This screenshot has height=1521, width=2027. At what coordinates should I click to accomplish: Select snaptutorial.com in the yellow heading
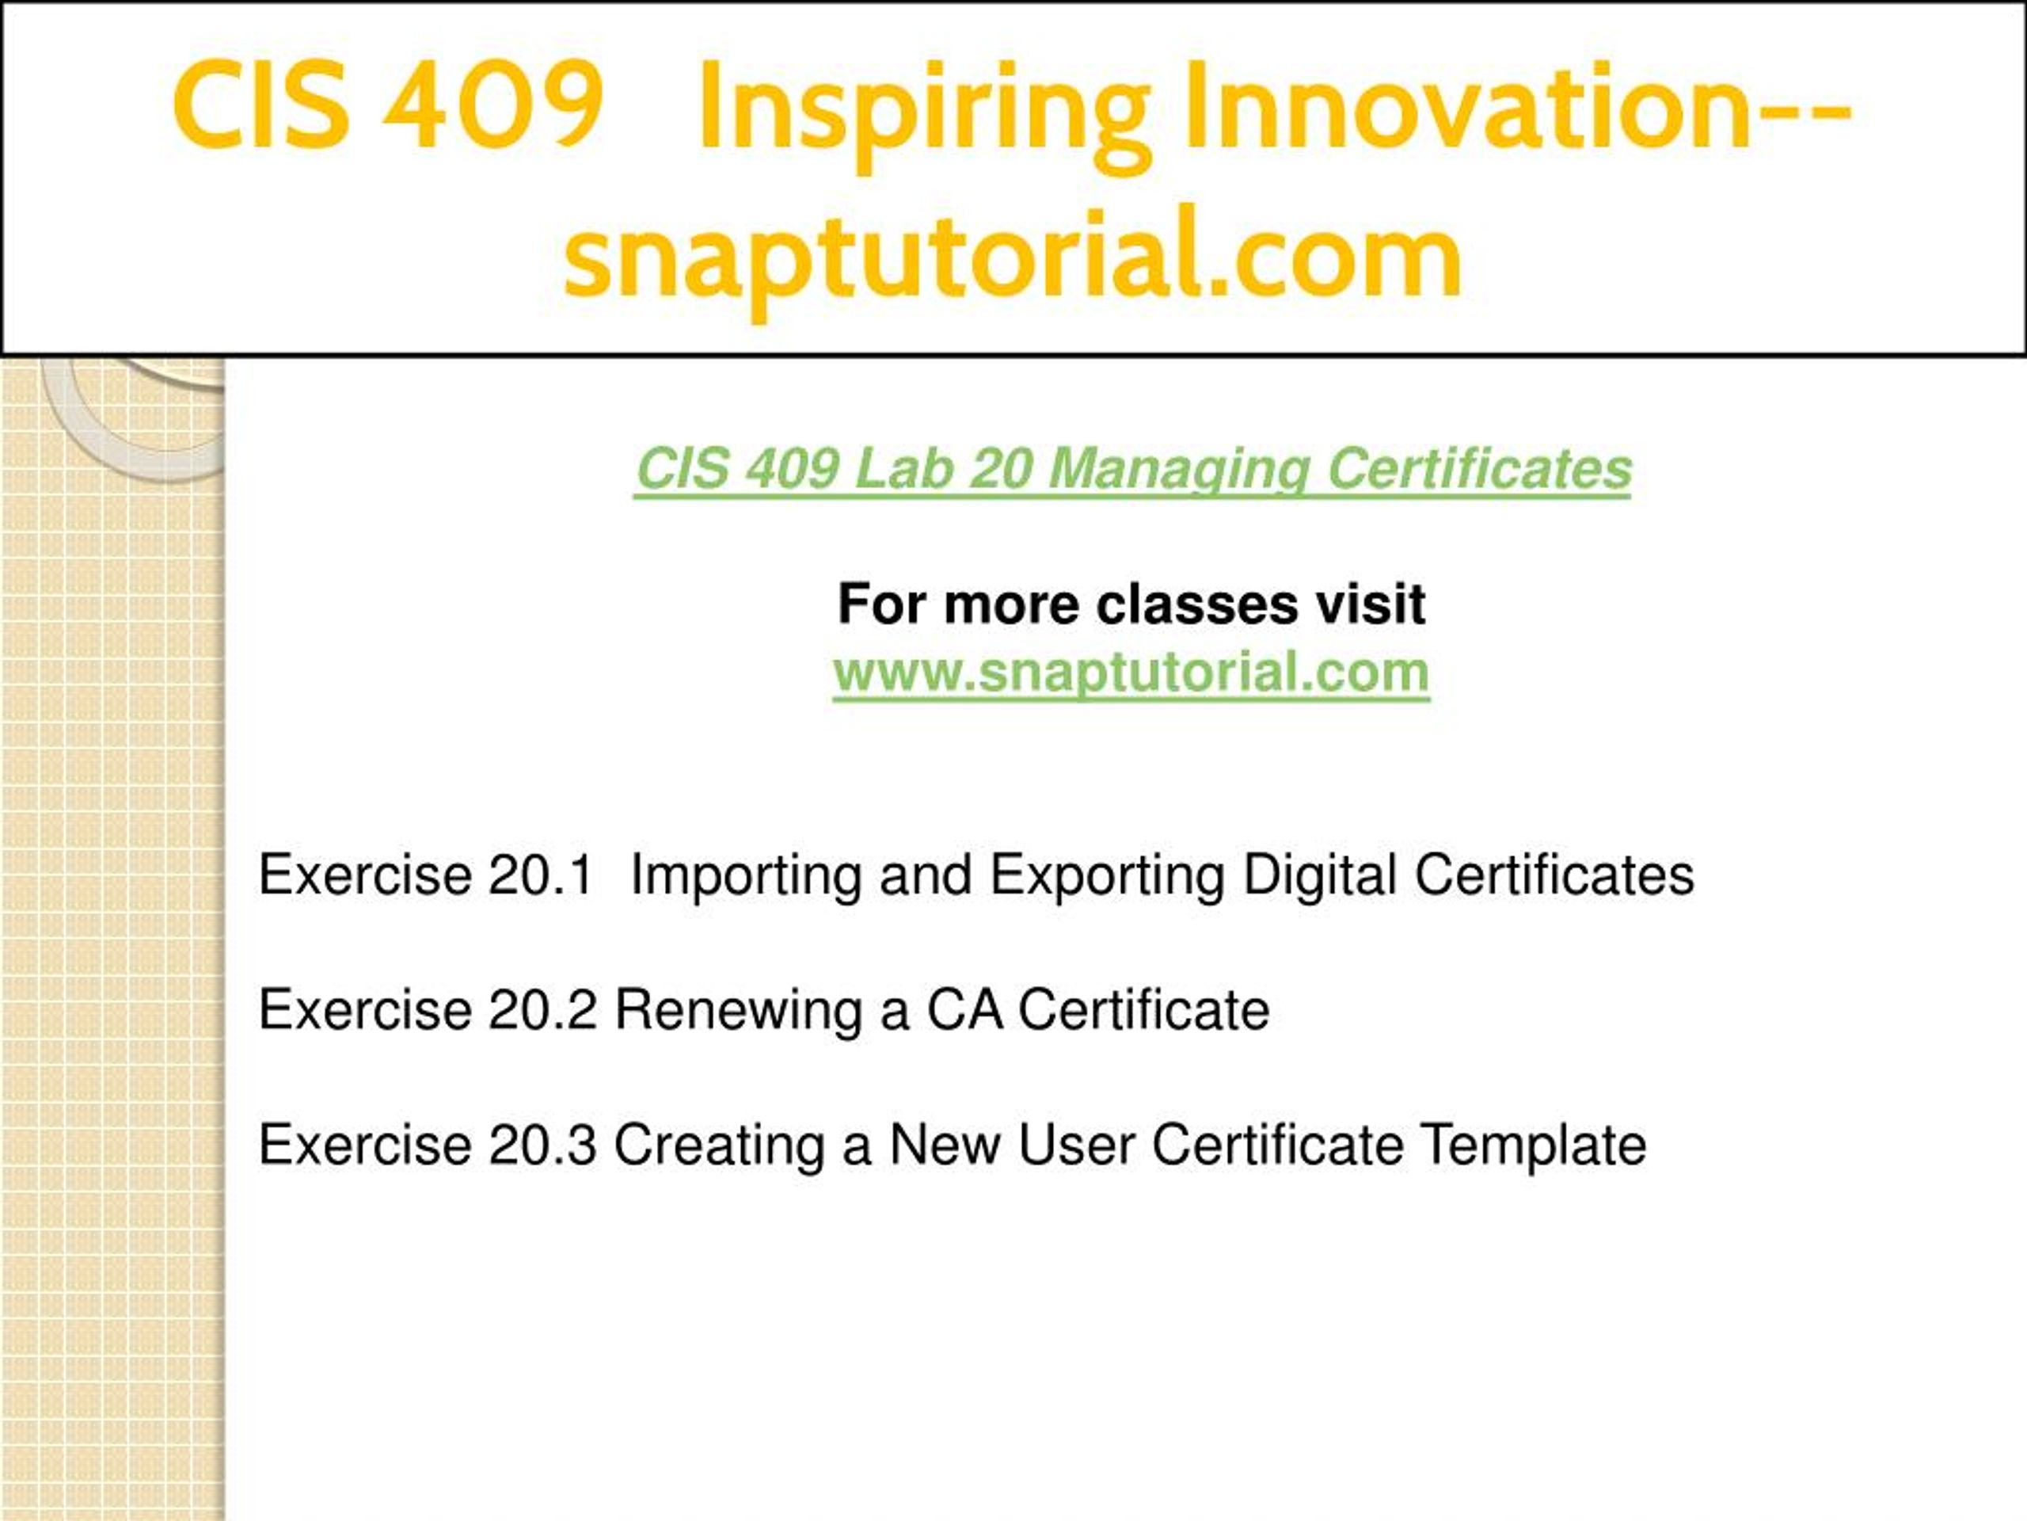tap(1013, 257)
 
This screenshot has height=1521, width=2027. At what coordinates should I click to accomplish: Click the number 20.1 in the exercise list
tap(542, 875)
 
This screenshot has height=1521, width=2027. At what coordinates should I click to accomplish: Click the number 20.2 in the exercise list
tap(543, 1010)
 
